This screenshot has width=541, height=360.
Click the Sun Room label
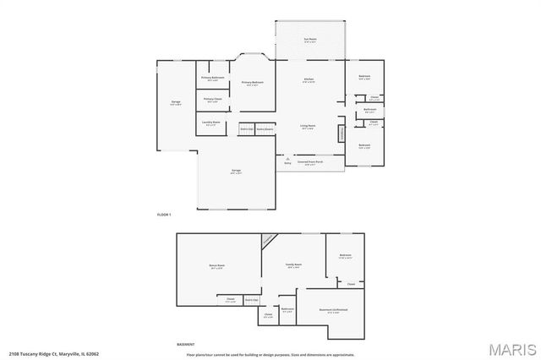(309, 39)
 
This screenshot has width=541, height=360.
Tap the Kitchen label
(309, 80)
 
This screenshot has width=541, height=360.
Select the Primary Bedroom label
(253, 82)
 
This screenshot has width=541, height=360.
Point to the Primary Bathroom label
(212, 79)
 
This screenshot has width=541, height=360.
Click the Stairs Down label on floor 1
(265, 129)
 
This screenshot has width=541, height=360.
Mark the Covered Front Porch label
(310, 161)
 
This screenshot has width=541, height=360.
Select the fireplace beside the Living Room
(342, 133)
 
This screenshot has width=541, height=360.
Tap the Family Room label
(293, 265)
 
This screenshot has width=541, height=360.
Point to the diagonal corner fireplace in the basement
(268, 240)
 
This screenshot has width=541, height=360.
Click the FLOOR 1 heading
(165, 215)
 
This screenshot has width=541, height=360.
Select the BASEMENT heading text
(185, 345)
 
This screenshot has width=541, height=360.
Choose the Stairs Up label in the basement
(251, 300)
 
